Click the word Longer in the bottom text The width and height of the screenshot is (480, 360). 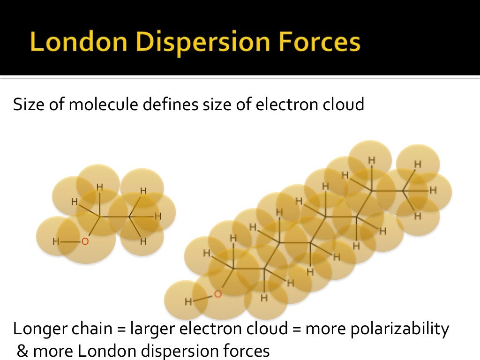[x=40, y=330]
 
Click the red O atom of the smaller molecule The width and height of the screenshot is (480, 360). [x=85, y=241]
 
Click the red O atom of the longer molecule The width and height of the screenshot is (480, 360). [x=217, y=294]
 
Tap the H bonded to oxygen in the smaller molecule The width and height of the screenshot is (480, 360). [x=56, y=242]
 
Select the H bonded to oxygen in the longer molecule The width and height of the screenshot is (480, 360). [x=188, y=301]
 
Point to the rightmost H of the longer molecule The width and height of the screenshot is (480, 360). [x=433, y=190]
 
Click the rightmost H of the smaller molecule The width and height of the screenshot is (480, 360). [x=158, y=217]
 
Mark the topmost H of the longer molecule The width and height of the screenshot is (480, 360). [x=372, y=160]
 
